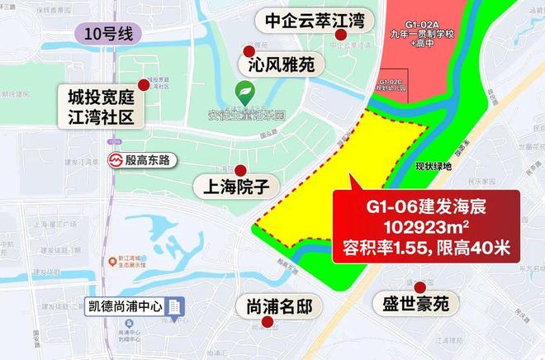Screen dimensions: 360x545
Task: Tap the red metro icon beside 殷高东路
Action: tap(117, 160)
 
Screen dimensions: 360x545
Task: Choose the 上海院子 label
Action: tap(236, 183)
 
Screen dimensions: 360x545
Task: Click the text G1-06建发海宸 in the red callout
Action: tap(425, 205)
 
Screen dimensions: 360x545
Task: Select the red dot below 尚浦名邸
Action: tap(266, 325)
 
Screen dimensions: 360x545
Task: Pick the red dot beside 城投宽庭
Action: tap(145, 84)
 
